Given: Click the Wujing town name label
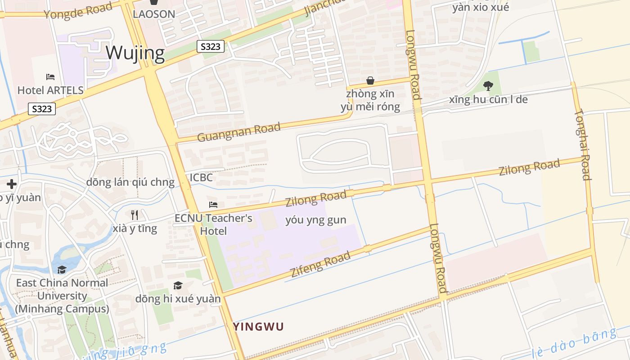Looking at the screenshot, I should pos(135,53).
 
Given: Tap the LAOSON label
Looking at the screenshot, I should pos(154,14).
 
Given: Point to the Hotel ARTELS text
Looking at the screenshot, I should pos(50,90).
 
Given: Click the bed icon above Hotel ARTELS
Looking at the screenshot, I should pos(50,77).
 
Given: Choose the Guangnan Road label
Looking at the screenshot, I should pos(238,131).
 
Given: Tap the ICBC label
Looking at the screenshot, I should pos(201,177).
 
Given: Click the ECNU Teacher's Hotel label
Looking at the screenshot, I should pos(213,224).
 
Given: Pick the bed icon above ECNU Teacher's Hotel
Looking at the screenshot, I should pos(213,205).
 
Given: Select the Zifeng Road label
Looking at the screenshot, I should pos(320,265).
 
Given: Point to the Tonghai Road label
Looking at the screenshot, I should pos(583,144).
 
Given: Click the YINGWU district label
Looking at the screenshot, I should pos(258,327).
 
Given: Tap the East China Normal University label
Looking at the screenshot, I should pos(62,296).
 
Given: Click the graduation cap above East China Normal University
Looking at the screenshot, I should pos(62,270).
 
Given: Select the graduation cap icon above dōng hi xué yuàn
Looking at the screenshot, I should pos(178,285).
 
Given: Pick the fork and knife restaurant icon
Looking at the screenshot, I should pos(135,215).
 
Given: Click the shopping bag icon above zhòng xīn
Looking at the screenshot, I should pos(370,81).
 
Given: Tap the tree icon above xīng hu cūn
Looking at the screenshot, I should pos(488,85).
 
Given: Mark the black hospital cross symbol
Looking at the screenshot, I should pos(12,184).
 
